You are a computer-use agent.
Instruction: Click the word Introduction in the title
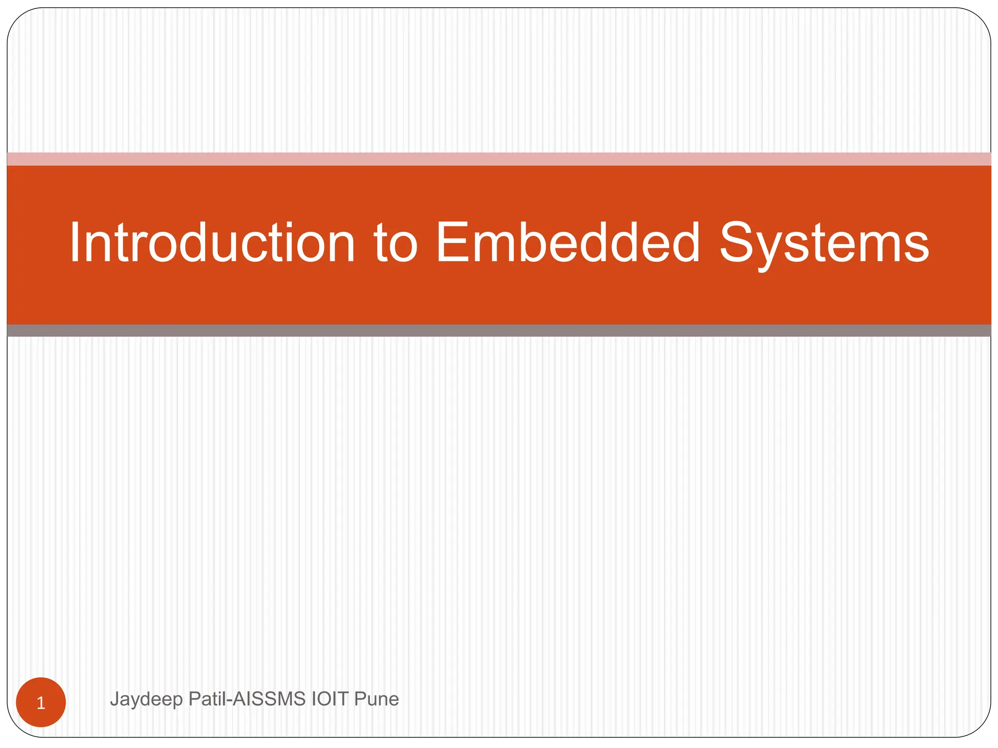click(x=212, y=243)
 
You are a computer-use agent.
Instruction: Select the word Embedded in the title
click(x=568, y=243)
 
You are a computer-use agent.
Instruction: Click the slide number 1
click(x=41, y=703)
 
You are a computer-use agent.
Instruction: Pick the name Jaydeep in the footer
click(x=146, y=699)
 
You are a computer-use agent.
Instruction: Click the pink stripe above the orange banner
click(x=499, y=159)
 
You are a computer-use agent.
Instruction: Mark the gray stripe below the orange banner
click(x=499, y=331)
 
